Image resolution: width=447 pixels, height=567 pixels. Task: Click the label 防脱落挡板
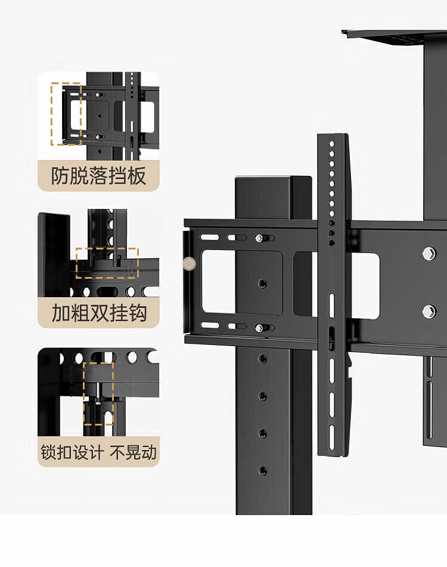[98, 176]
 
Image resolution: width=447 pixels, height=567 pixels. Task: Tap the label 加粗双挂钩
[99, 313]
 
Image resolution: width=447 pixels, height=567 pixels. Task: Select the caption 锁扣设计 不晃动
[98, 452]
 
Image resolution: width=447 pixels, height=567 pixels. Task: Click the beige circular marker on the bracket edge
[189, 264]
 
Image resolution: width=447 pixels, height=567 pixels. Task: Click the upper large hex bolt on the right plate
[429, 253]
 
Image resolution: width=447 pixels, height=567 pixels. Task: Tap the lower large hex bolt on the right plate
[429, 312]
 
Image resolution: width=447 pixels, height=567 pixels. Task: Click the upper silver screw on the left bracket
[259, 238]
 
